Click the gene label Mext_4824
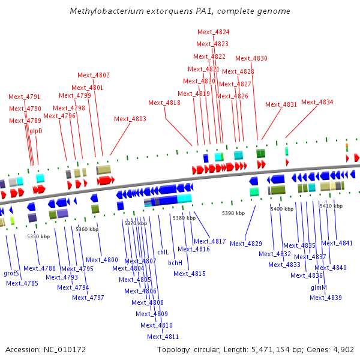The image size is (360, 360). tap(212, 32)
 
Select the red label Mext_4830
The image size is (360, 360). tap(251, 58)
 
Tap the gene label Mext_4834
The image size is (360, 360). tap(317, 102)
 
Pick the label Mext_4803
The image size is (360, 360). tap(130, 119)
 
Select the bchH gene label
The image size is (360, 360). tap(175, 263)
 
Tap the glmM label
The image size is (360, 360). tap(319, 287)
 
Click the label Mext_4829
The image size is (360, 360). tap(246, 244)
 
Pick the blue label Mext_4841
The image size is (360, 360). tap(337, 243)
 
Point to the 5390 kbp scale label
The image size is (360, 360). tap(233, 213)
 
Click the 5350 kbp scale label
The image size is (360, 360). tap(38, 236)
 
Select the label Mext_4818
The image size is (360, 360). tap(164, 103)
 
